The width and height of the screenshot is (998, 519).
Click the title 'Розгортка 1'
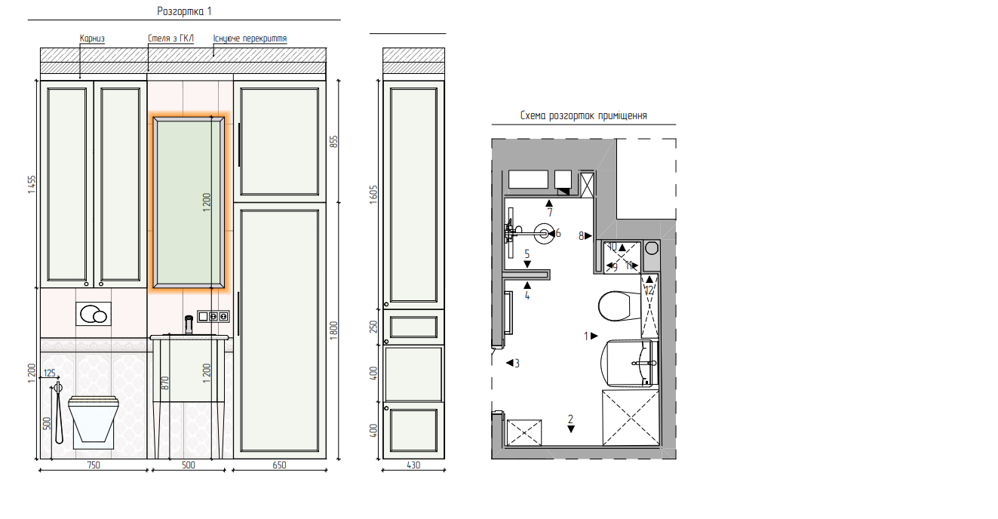point(184,11)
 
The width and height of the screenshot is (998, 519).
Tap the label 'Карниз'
point(92,38)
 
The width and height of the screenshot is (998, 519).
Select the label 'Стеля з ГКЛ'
point(171,38)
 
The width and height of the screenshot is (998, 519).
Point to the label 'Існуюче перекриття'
point(250,38)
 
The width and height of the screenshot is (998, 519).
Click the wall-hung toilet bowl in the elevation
point(93,419)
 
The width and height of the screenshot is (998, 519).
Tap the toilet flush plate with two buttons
point(94,314)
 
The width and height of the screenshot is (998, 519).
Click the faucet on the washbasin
point(189,325)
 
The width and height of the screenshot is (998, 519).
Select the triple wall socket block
point(213,316)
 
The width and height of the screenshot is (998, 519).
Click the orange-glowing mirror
point(189,203)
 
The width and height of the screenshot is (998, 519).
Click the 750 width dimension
point(94,465)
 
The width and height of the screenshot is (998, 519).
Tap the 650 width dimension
point(279,465)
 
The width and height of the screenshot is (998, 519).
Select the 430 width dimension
point(413,465)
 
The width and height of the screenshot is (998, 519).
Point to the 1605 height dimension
point(373,195)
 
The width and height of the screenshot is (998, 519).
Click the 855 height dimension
point(333,142)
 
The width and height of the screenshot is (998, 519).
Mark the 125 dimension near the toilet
point(50,373)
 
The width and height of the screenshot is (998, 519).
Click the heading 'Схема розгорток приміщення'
point(584,116)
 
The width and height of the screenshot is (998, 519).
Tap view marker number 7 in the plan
point(549,208)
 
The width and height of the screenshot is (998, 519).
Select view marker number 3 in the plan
point(513,364)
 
